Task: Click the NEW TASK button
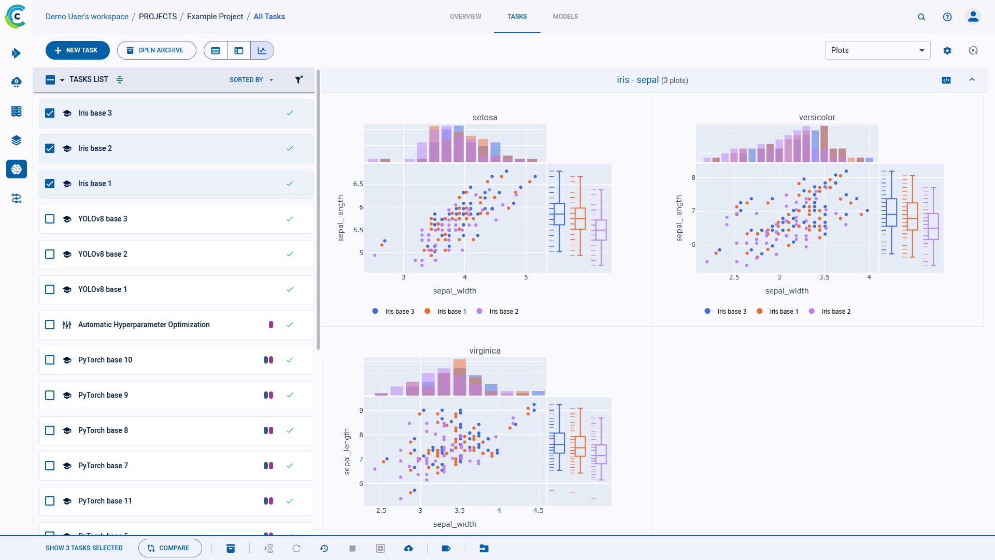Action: (x=77, y=50)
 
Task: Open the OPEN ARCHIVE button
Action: (x=157, y=50)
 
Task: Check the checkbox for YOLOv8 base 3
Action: (x=50, y=219)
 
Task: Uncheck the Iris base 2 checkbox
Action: (x=50, y=148)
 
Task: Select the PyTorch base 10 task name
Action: (x=105, y=360)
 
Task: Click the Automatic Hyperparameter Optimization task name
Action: (x=144, y=325)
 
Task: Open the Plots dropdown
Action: (x=877, y=50)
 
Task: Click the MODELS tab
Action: (x=565, y=17)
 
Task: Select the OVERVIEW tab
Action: (x=465, y=17)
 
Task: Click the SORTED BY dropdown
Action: (x=251, y=80)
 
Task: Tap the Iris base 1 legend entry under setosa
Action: (x=451, y=312)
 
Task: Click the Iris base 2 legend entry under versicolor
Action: (x=835, y=312)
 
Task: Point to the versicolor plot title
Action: (x=817, y=118)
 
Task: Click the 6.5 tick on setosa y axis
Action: (x=358, y=184)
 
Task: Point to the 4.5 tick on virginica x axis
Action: (x=538, y=511)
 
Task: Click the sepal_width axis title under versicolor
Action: (x=787, y=291)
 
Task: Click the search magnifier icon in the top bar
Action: (x=921, y=17)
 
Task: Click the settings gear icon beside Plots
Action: (x=947, y=50)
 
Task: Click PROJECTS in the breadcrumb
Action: (x=158, y=17)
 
